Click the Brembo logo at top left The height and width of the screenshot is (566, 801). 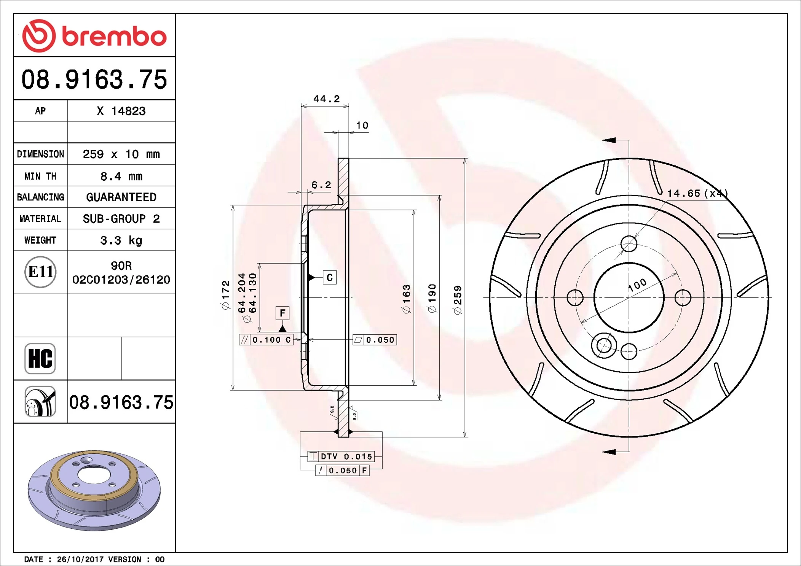[94, 36]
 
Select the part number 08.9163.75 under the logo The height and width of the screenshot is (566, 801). [94, 79]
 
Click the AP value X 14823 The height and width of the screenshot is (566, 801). [121, 111]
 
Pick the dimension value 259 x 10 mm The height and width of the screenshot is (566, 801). [121, 154]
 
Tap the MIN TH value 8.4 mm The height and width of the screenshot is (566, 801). [121, 176]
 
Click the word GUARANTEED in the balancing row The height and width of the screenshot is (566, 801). [121, 197]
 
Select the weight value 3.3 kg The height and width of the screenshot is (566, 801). [121, 240]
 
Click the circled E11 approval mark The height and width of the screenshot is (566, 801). [40, 272]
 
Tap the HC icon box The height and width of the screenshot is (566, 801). [40, 358]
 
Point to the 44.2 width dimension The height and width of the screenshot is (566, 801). [326, 99]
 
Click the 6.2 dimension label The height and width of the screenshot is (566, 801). [321, 185]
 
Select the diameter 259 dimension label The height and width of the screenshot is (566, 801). [458, 300]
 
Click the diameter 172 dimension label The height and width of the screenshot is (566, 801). [226, 295]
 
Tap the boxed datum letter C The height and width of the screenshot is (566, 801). [330, 277]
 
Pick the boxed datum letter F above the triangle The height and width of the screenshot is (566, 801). [282, 313]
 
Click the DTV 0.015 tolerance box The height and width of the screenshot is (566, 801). [341, 456]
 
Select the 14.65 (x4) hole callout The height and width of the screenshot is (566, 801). [697, 193]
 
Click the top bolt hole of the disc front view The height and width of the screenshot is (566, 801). [629, 244]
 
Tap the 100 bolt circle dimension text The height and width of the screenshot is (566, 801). [637, 285]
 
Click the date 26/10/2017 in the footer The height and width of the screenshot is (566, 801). [80, 559]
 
